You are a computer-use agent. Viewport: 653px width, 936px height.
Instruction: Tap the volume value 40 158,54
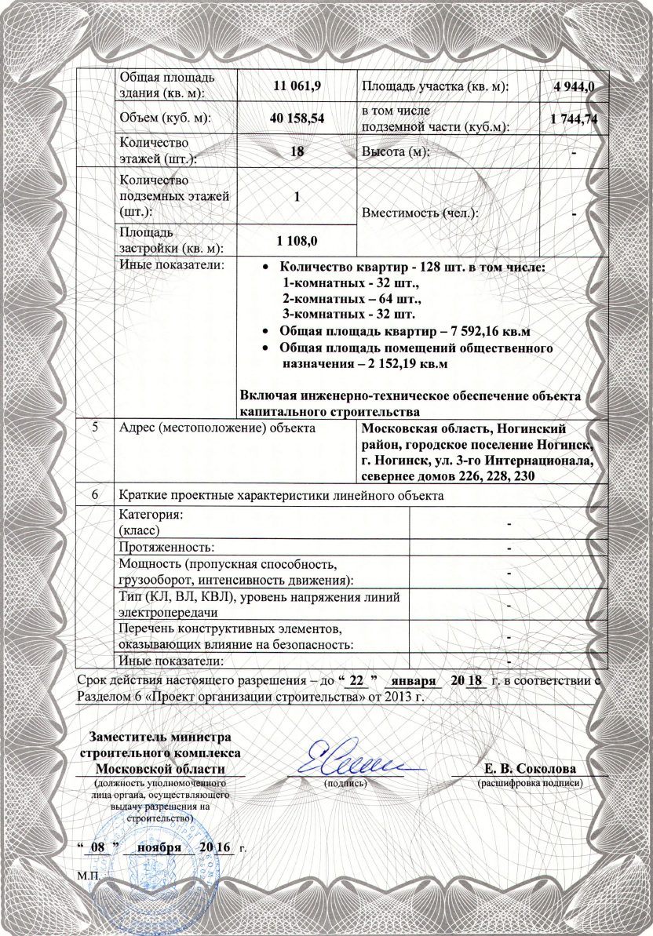coord(296,118)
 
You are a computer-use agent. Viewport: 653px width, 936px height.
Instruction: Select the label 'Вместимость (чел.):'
coord(420,213)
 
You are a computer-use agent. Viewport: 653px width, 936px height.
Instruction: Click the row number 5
coord(95,428)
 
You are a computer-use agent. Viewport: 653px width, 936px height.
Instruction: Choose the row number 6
coord(95,496)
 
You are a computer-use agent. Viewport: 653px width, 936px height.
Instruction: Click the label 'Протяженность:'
coord(167,546)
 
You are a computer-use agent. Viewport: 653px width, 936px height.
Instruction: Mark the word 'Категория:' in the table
coord(151,515)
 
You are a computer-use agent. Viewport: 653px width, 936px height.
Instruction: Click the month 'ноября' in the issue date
coord(159,848)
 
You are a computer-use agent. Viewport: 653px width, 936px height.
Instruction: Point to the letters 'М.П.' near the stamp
coord(88,873)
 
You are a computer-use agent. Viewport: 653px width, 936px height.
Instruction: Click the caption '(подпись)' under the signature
coord(346,782)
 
